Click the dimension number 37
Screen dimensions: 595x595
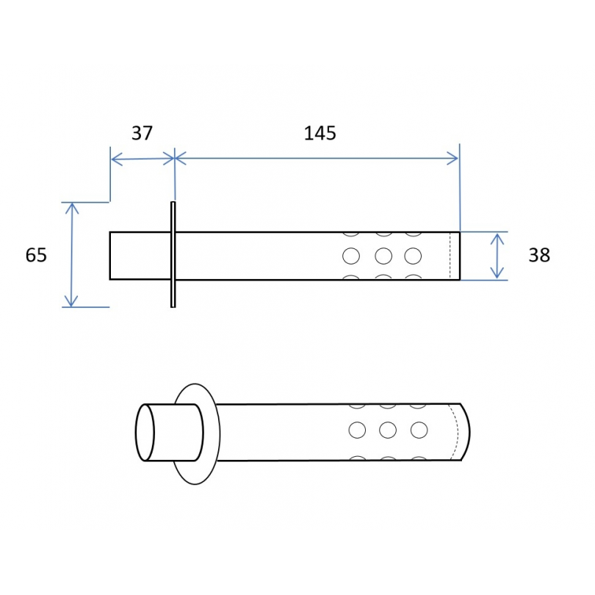pyautogui.click(x=142, y=133)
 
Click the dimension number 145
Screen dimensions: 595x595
pyautogui.click(x=320, y=134)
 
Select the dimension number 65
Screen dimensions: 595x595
pyautogui.click(x=36, y=255)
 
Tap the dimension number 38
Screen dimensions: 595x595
pyautogui.click(x=539, y=255)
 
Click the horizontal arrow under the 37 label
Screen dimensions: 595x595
pyautogui.click(x=143, y=159)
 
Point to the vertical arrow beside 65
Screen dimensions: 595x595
pyautogui.click(x=71, y=255)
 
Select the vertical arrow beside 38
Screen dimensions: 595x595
pyautogui.click(x=497, y=256)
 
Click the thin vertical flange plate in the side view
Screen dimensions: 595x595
pyautogui.click(x=173, y=254)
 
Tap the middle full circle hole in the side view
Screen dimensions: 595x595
pyautogui.click(x=383, y=256)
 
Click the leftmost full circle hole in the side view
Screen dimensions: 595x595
pyautogui.click(x=351, y=256)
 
